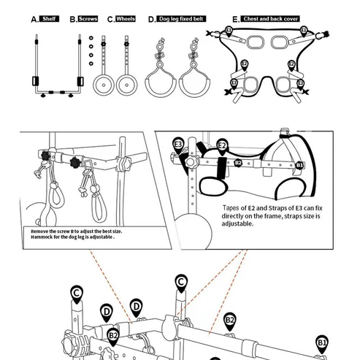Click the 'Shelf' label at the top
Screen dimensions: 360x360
click(50, 18)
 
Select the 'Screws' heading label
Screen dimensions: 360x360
click(88, 18)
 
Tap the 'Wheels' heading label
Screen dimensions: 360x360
click(126, 18)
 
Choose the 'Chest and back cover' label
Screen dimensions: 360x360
click(271, 18)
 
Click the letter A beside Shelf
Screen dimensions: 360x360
click(34, 19)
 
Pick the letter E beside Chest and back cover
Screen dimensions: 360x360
click(234, 19)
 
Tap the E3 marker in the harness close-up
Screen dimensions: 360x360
click(178, 145)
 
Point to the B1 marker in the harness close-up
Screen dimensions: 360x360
click(299, 166)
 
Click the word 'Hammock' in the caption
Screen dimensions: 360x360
click(44, 238)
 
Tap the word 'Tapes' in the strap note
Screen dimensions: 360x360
click(232, 208)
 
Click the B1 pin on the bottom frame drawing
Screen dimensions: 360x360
click(322, 342)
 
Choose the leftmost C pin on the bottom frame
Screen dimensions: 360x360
click(76, 294)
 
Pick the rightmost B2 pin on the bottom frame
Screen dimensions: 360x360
click(229, 320)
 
